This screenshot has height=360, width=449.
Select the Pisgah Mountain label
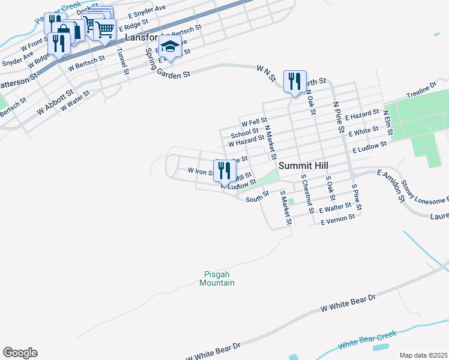[x=217, y=279]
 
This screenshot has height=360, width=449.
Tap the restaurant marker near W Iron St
[x=224, y=170]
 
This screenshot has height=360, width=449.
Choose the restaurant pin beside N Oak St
[x=294, y=81]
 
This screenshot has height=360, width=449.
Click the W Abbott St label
[x=55, y=103]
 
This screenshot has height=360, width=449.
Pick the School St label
[x=244, y=133]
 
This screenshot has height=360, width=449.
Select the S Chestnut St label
[x=307, y=194]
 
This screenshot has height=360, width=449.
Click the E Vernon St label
[x=338, y=221]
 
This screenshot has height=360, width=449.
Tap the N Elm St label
[x=387, y=118]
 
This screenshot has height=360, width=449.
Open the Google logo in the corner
[x=20, y=352]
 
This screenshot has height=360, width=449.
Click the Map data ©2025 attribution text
[x=423, y=355]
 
